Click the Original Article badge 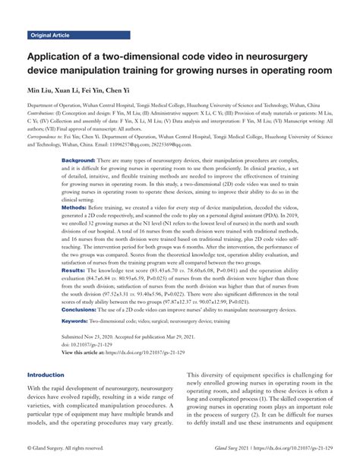coord(51,36)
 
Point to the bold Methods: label coord(74,206)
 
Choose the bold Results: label coord(73,270)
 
